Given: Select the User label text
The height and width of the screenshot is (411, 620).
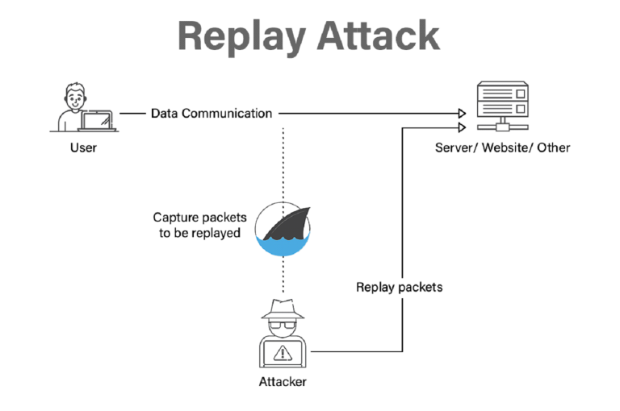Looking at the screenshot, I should click(x=83, y=147).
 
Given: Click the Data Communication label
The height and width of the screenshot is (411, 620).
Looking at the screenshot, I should click(x=212, y=114).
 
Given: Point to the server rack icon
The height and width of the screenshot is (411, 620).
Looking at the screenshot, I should click(x=502, y=105).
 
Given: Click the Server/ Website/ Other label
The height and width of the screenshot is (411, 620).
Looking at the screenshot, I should click(x=502, y=147).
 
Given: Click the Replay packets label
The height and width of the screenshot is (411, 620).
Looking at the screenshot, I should click(x=399, y=287).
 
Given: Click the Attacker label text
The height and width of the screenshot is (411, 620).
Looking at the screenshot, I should click(x=282, y=381).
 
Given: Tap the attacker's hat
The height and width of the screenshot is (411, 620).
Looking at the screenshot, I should click(x=283, y=309).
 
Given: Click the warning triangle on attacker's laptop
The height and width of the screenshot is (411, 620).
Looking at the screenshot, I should click(x=283, y=352).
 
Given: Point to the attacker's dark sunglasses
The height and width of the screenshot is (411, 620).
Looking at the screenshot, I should click(x=283, y=327).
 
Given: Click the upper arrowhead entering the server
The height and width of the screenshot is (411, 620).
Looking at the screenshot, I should click(x=462, y=114).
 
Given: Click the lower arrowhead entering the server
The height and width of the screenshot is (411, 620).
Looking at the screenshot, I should click(x=462, y=127).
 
